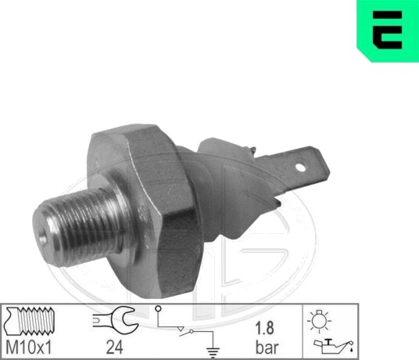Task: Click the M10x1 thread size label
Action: [x=28, y=347]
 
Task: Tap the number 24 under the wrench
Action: [x=115, y=347]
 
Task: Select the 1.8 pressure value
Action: [x=264, y=328]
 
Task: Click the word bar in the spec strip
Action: [x=267, y=347]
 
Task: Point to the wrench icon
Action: [x=116, y=319]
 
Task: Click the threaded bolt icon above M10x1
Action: [x=30, y=321]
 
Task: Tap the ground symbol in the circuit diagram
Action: [x=213, y=353]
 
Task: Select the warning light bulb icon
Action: [x=319, y=321]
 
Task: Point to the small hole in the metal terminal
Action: [x=300, y=167]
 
